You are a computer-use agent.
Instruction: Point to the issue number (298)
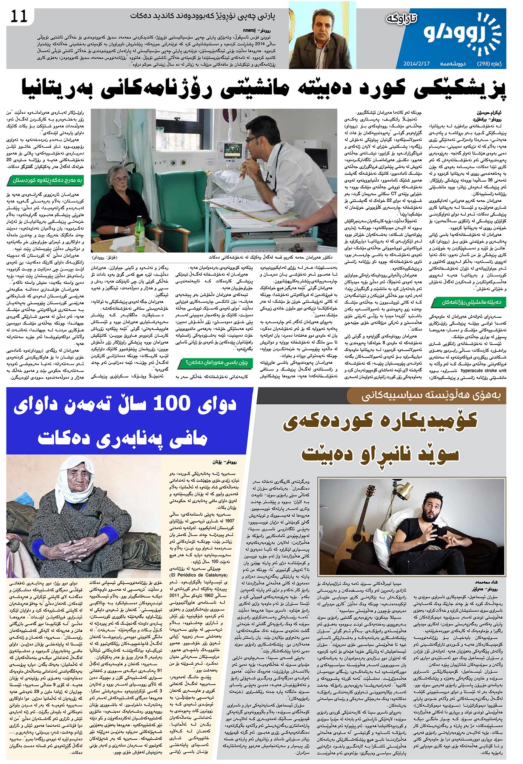point(484,63)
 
